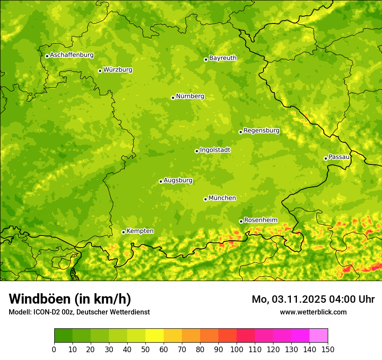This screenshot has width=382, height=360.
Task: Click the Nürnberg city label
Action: [x=190, y=96]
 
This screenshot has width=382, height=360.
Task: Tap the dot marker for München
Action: [x=205, y=199]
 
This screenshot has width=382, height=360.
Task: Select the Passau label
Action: [x=339, y=157]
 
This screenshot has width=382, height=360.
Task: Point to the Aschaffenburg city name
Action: [x=72, y=55]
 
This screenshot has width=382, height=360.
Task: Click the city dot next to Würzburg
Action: [x=100, y=71]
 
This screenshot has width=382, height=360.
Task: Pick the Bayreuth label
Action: [x=223, y=58]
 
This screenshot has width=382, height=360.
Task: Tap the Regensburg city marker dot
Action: [x=240, y=132]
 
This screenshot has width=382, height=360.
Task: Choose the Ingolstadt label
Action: [x=215, y=150]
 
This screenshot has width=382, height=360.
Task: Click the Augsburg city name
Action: [x=178, y=180]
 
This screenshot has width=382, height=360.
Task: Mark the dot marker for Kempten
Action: [x=123, y=232]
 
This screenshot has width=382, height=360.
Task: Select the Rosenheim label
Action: [x=260, y=220]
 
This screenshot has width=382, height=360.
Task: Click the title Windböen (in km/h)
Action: [x=69, y=299]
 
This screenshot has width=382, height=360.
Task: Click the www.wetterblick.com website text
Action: [x=313, y=312]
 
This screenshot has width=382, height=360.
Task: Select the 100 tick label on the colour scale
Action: [x=237, y=350]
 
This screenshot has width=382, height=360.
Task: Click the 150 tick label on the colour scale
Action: [x=328, y=350]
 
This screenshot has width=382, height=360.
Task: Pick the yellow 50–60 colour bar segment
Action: [x=155, y=336]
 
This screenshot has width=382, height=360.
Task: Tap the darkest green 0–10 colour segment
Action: [x=63, y=336]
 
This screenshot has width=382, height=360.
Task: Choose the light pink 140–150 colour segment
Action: [x=319, y=336]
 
